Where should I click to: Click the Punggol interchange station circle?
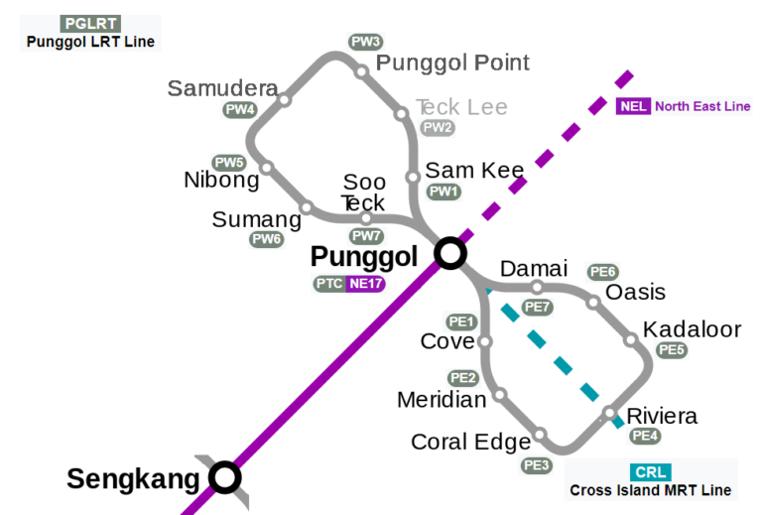point(449,254)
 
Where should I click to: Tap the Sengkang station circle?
point(225,478)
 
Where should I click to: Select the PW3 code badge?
point(365,42)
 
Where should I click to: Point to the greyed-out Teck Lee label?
point(461,107)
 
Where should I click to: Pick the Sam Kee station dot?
point(413,178)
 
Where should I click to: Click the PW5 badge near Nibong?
point(229,162)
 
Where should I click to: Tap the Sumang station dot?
point(307,208)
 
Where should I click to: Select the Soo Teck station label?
point(363,193)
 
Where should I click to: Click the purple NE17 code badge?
point(365,284)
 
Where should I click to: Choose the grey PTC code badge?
point(328,284)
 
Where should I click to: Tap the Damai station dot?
point(537,288)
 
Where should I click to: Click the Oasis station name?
point(635,293)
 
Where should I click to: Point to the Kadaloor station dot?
point(630,340)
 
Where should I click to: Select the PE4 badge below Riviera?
point(645,436)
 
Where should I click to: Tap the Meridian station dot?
point(500,395)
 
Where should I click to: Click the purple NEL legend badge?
point(633,107)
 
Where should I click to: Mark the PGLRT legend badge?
point(90,24)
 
